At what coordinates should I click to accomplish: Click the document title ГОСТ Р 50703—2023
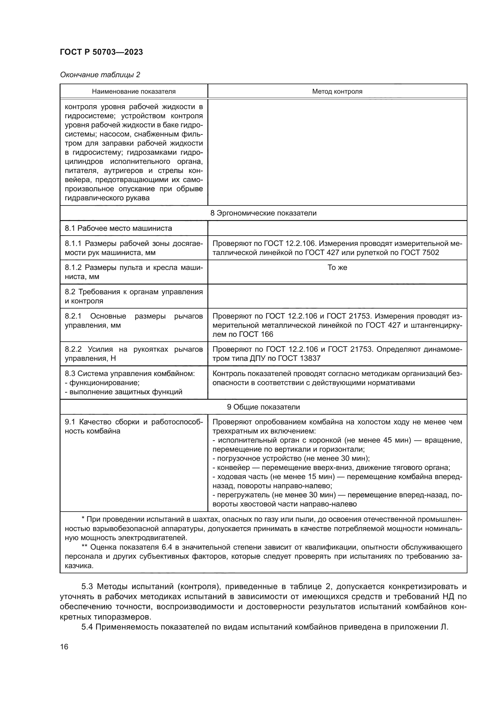pyautogui.click(x=101, y=52)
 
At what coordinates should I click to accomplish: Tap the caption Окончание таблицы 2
pyautogui.click(x=100, y=75)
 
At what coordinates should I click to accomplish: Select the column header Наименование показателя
pyautogui.click(x=134, y=92)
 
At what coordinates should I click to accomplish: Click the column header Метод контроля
pyautogui.click(x=337, y=92)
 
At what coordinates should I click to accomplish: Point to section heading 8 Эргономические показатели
pyautogui.click(x=263, y=213)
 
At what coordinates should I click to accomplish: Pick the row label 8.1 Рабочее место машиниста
pyautogui.click(x=118, y=228)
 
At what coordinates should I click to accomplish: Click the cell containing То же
pyautogui.click(x=337, y=267)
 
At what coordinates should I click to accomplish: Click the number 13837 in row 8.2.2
pyautogui.click(x=309, y=358)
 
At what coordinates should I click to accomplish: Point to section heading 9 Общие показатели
pyautogui.click(x=263, y=407)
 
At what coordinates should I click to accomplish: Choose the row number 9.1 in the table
pyautogui.click(x=70, y=422)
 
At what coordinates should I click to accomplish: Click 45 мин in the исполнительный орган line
pyautogui.click(x=397, y=440)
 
